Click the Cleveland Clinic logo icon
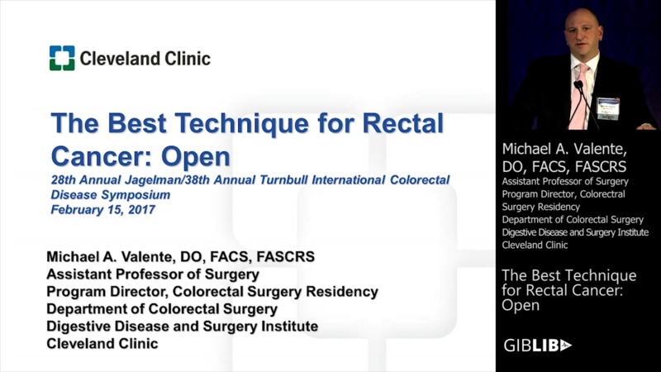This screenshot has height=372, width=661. click(x=61, y=58)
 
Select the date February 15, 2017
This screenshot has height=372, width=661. click(x=102, y=209)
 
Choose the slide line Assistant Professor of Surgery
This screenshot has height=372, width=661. click(x=153, y=274)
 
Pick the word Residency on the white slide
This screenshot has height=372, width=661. click(x=339, y=292)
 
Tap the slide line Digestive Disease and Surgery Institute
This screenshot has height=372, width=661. click(x=182, y=327)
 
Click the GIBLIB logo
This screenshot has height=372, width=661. click(x=537, y=345)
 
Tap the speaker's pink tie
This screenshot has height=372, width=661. click(x=580, y=95)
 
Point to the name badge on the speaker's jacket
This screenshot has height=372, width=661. click(x=608, y=106)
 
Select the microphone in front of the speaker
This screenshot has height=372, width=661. click(x=579, y=87)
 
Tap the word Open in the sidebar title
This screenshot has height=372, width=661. click(x=521, y=305)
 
